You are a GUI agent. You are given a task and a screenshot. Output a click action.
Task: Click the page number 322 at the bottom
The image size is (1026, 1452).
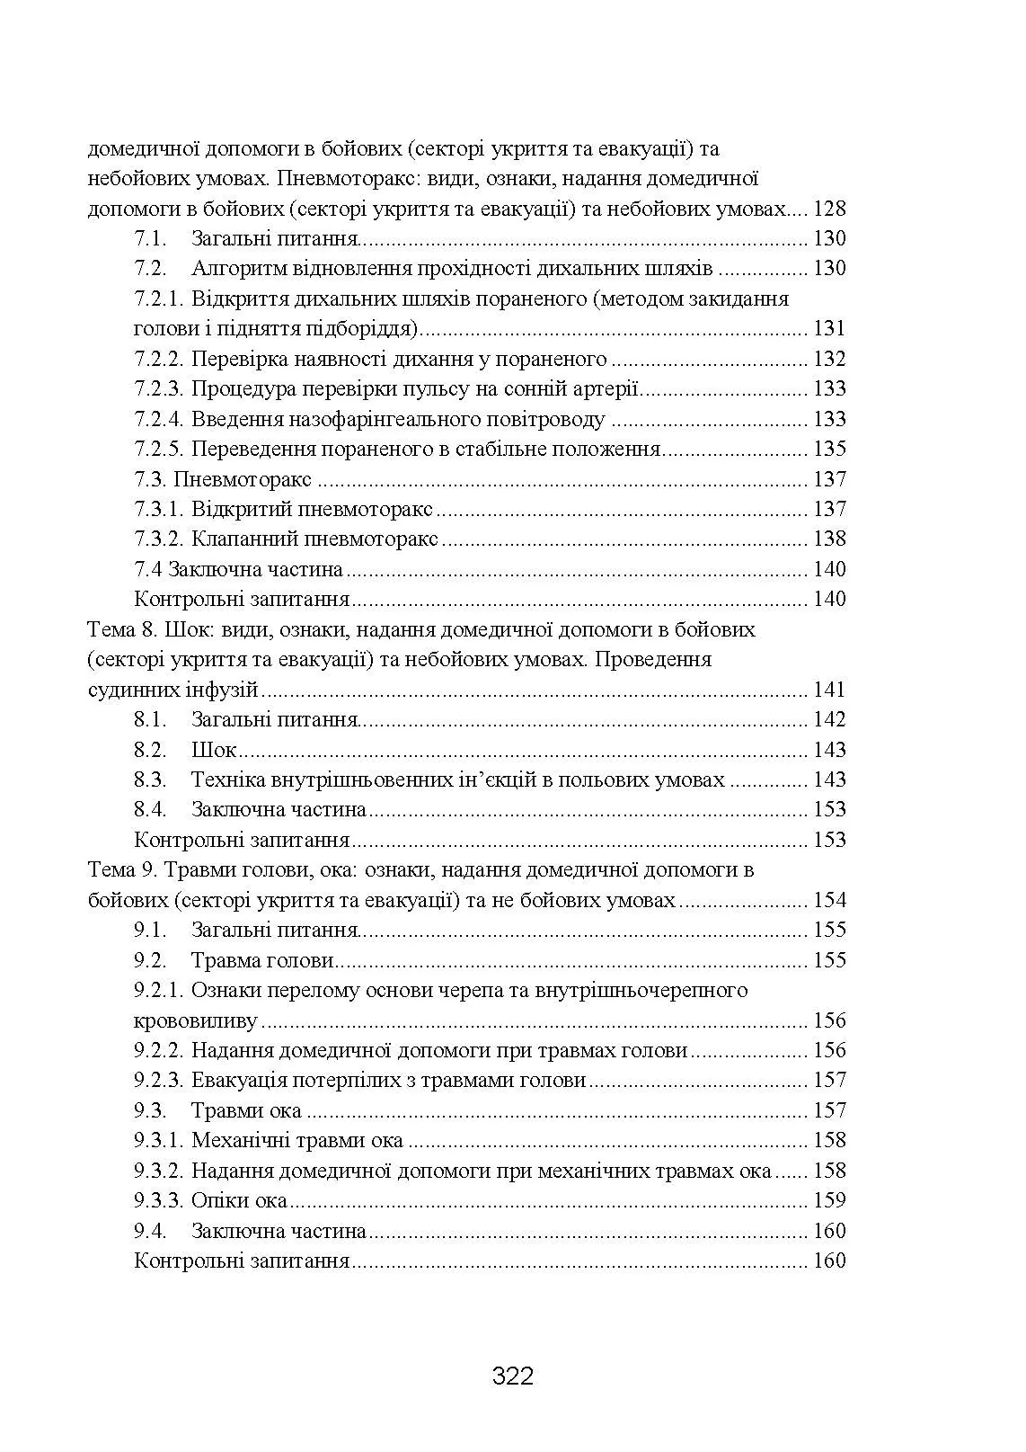(x=513, y=1376)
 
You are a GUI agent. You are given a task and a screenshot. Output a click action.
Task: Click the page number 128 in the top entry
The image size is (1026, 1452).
(x=829, y=209)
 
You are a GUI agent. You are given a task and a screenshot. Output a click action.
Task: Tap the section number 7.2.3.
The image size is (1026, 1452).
(x=159, y=389)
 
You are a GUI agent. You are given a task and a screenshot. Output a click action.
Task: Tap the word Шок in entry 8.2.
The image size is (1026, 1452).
(x=214, y=750)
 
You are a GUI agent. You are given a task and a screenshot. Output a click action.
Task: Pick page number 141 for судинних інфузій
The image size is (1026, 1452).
(x=829, y=690)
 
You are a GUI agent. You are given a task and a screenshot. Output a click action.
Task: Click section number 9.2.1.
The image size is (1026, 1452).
(x=159, y=991)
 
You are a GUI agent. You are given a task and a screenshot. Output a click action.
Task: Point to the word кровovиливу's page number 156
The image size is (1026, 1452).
(x=829, y=1020)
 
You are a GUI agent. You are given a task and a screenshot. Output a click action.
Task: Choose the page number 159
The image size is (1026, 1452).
(x=829, y=1201)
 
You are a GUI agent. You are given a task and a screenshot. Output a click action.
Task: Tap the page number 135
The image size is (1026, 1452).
(x=829, y=450)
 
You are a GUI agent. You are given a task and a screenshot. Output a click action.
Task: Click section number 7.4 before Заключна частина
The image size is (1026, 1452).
(x=148, y=570)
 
